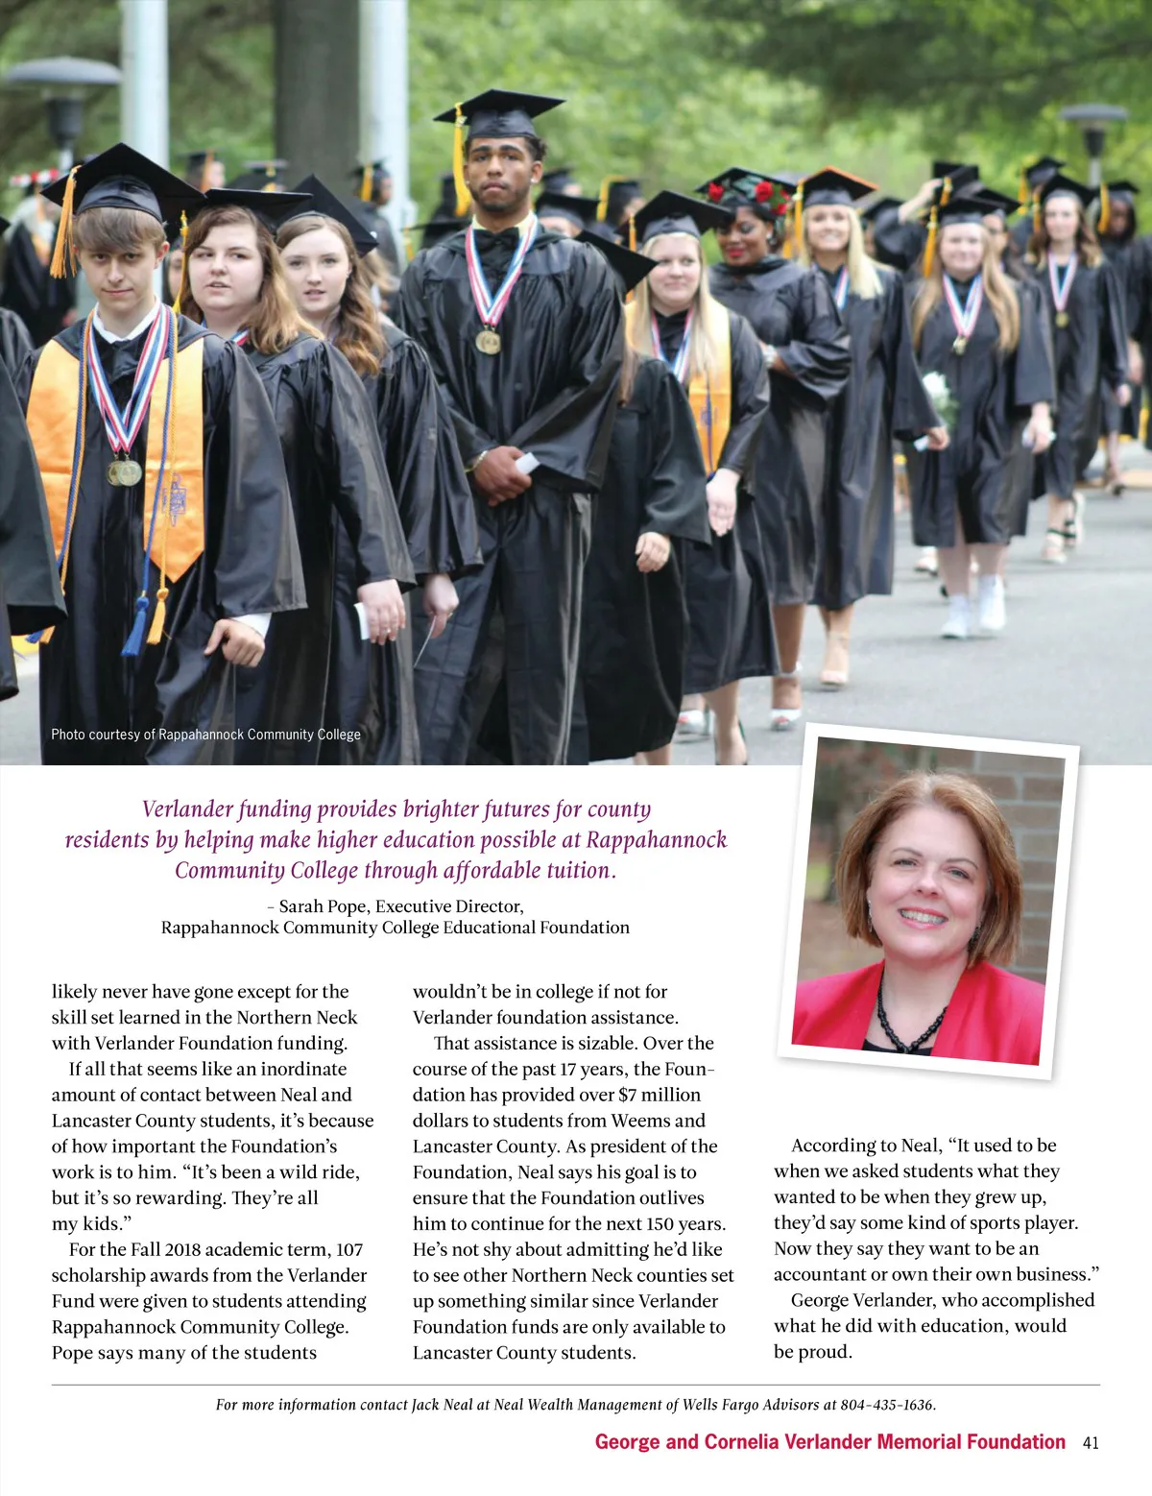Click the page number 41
pyautogui.click(x=1090, y=1442)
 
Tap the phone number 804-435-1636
pyautogui.click(x=886, y=1405)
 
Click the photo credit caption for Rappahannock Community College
pyautogui.click(x=205, y=735)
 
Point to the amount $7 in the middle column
pyautogui.click(x=627, y=1095)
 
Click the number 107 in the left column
pyautogui.click(x=349, y=1249)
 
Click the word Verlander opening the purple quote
pyautogui.click(x=187, y=809)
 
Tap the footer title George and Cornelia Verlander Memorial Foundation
pyautogui.click(x=829, y=1442)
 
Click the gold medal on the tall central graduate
pyautogui.click(x=488, y=341)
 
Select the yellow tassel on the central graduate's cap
pyautogui.click(x=461, y=163)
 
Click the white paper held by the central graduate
pyautogui.click(x=526, y=464)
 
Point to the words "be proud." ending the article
pyautogui.click(x=812, y=1352)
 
